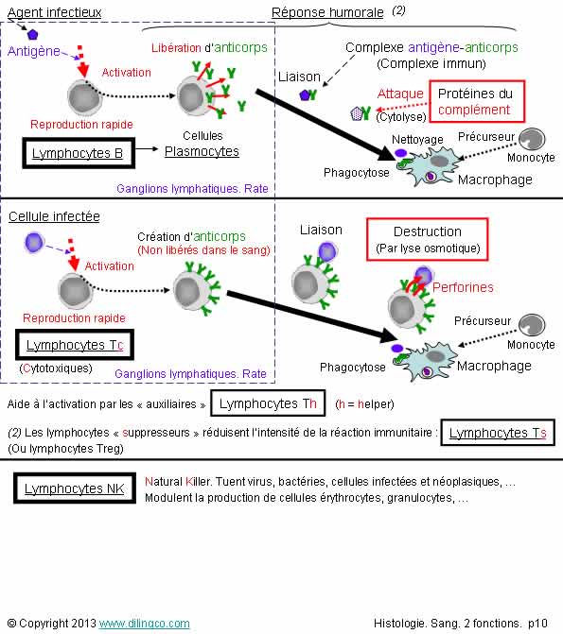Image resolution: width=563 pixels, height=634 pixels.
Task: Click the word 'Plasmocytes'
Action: tap(202, 151)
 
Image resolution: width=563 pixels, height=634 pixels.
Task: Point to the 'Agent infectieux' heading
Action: tap(54, 12)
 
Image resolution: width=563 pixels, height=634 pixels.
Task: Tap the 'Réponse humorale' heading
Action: tap(327, 12)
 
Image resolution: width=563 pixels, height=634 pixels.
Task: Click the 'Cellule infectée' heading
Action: tap(54, 216)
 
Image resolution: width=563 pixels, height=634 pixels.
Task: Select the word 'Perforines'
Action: tap(463, 287)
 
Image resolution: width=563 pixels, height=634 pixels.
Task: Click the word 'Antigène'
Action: tap(34, 51)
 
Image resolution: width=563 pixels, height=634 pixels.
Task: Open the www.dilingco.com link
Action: tap(144, 623)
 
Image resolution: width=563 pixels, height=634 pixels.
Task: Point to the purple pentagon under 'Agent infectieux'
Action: tap(32, 34)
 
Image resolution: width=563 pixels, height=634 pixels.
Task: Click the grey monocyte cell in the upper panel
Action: tap(532, 139)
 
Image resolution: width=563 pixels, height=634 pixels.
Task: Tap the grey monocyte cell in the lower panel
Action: tap(532, 325)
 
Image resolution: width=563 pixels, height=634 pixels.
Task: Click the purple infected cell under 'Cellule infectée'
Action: tap(34, 242)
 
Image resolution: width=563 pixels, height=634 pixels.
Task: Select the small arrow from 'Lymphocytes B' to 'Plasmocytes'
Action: tap(147, 148)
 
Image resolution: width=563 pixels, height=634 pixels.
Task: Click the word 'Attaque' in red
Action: tap(400, 94)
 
